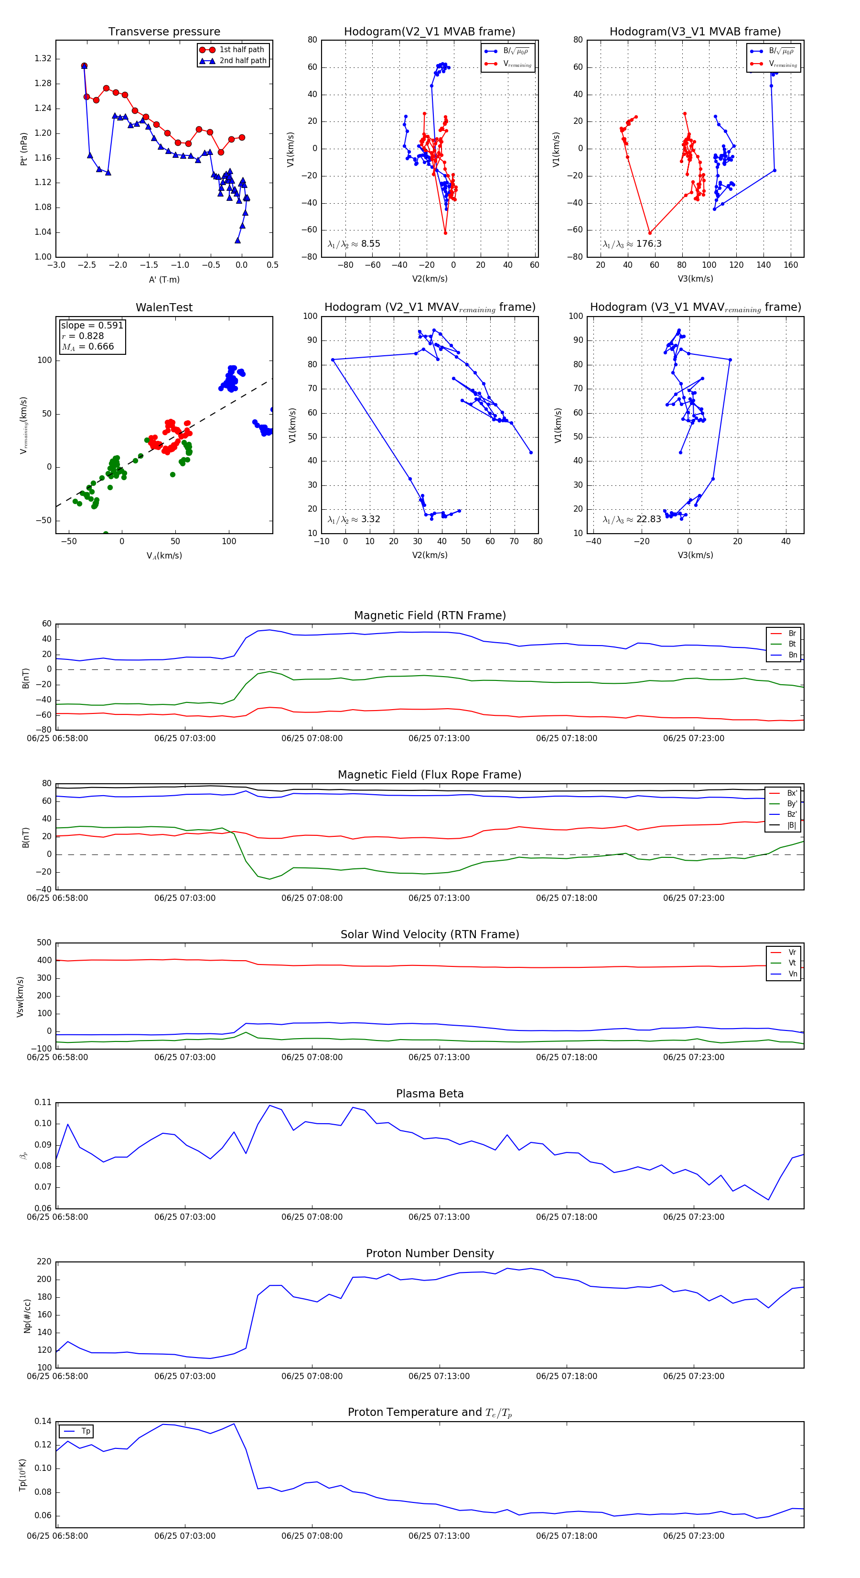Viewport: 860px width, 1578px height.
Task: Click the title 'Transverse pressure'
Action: click(164, 32)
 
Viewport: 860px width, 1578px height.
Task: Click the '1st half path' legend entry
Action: click(241, 50)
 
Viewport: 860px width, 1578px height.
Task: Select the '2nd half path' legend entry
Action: click(242, 61)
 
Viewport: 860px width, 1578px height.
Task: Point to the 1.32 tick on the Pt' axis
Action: click(43, 59)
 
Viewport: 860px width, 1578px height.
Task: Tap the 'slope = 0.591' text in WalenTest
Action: click(92, 325)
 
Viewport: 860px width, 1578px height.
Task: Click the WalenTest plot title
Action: click(164, 307)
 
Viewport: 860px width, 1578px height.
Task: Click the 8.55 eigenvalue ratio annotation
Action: click(354, 244)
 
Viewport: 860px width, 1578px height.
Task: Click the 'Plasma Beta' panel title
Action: click(430, 1094)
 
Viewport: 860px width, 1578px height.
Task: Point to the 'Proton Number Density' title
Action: click(430, 1253)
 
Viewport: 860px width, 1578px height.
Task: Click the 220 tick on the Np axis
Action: click(44, 1262)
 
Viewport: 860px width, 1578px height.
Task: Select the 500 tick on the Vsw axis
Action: click(44, 943)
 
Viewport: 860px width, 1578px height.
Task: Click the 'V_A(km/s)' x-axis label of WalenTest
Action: click(164, 556)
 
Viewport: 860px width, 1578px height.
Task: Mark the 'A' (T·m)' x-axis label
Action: click(164, 279)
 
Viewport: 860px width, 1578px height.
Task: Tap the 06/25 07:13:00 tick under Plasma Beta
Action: click(439, 1216)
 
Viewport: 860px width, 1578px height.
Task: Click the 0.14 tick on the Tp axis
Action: click(43, 1421)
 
